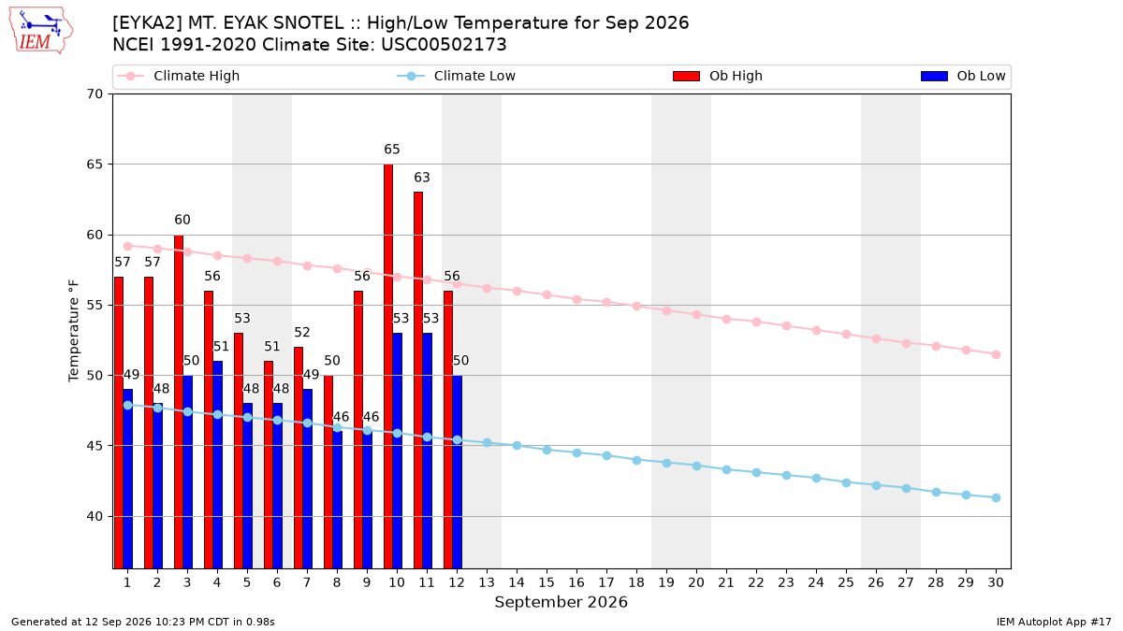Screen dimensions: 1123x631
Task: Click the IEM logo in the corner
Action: click(41, 31)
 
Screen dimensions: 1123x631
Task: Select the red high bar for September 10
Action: click(388, 366)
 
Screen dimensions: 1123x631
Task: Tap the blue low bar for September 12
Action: click(458, 472)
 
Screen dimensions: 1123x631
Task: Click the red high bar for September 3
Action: click(179, 402)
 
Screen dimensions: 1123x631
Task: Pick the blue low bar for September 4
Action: click(217, 465)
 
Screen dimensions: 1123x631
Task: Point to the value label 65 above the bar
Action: click(392, 150)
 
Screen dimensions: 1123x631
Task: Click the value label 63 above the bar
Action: click(422, 178)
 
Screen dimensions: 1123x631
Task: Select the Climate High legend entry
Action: click(178, 76)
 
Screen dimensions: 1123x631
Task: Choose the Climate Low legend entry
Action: click(456, 76)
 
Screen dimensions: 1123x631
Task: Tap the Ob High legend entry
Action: click(718, 76)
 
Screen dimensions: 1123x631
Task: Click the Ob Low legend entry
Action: click(963, 76)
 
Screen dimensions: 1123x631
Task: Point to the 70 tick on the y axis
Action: click(95, 94)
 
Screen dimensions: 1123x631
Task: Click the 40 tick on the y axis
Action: click(95, 516)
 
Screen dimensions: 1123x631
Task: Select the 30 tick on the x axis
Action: click(996, 582)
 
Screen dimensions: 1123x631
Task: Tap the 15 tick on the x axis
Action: click(547, 582)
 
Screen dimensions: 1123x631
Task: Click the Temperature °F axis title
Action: click(74, 331)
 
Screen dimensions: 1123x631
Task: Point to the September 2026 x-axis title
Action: click(561, 602)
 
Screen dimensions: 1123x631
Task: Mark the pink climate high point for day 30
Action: click(996, 354)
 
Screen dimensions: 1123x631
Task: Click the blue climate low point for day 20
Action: click(696, 466)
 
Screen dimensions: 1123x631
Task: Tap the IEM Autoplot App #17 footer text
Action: click(1054, 622)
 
